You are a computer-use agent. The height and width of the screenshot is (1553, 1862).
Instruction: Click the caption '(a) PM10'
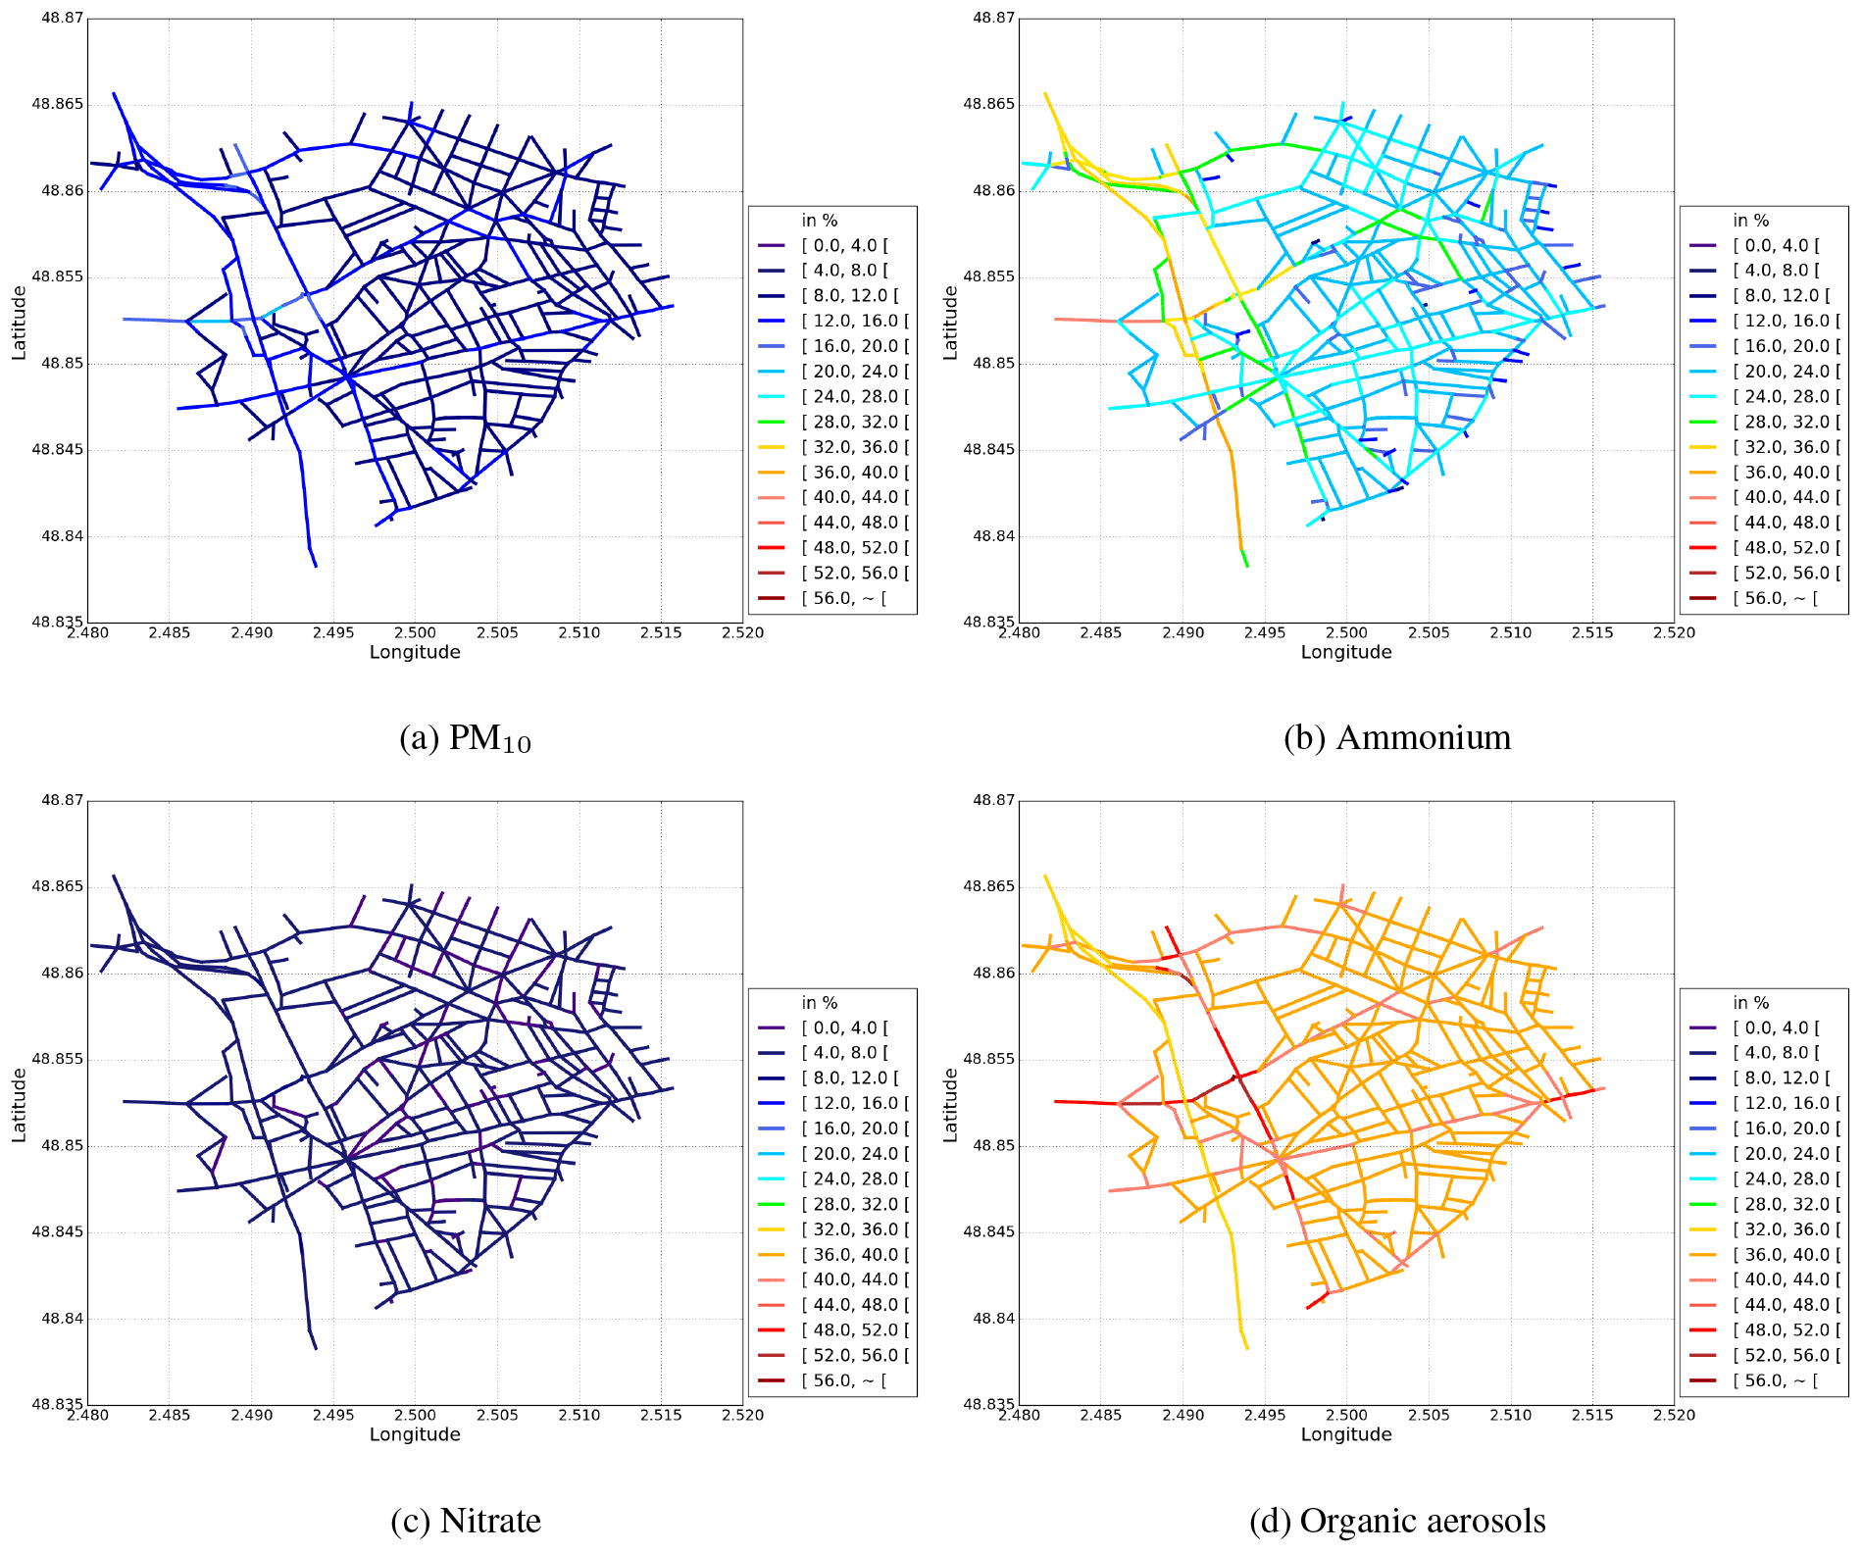(465, 738)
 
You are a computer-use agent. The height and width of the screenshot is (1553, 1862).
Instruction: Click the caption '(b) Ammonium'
(1396, 737)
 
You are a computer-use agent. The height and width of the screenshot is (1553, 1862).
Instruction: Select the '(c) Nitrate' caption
(465, 1521)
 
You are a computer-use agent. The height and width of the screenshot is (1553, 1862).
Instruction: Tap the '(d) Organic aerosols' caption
(1396, 1521)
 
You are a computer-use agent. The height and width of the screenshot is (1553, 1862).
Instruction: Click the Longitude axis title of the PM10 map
(415, 652)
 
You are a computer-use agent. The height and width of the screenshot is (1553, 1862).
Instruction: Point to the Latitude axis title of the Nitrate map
(19, 1105)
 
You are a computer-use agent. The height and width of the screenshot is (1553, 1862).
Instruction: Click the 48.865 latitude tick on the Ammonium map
(989, 104)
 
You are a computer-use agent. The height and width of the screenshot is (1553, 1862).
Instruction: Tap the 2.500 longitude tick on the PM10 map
(415, 632)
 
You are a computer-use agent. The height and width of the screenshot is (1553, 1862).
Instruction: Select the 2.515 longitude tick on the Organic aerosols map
(1592, 1415)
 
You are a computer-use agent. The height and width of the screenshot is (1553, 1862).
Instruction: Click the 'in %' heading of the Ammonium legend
(1750, 221)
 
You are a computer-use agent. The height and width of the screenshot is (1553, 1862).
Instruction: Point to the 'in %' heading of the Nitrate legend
(819, 1003)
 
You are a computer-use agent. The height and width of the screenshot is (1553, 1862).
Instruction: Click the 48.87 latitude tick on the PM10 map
(62, 18)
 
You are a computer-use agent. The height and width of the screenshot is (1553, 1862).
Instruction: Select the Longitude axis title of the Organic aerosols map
(1346, 1434)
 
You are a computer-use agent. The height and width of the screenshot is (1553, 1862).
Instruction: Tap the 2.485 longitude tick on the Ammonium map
(1100, 632)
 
